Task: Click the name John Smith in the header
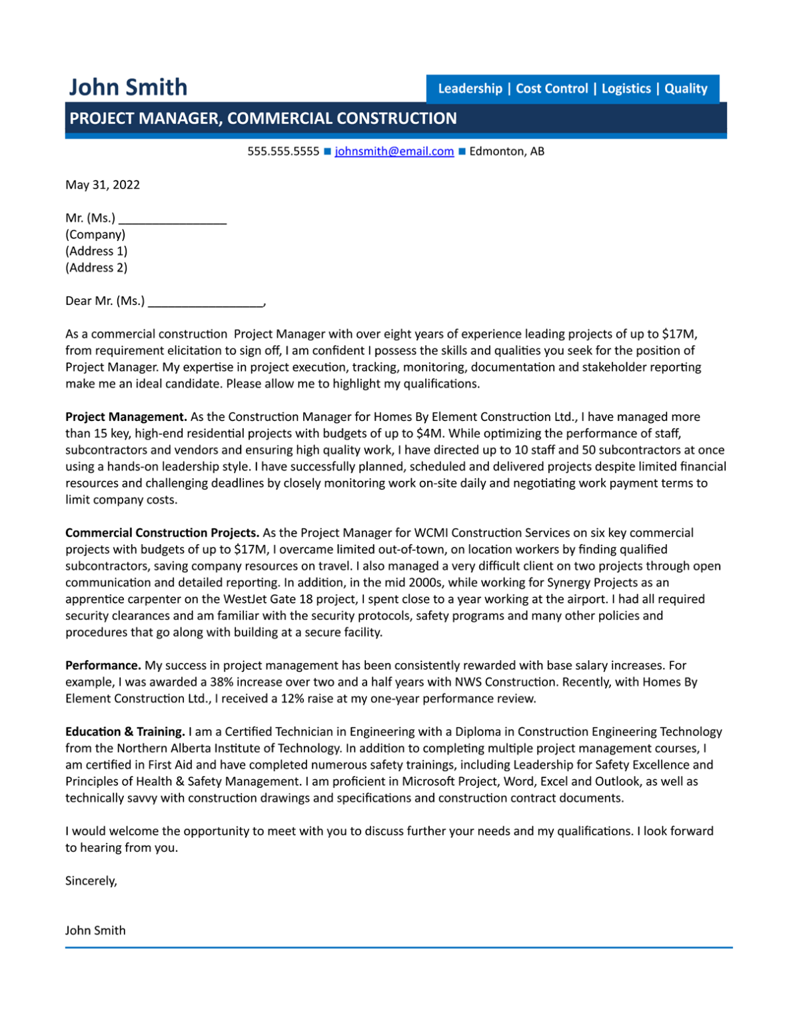[x=128, y=87]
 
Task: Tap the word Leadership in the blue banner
[x=470, y=89]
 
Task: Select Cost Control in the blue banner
[x=552, y=89]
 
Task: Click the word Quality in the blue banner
[x=686, y=89]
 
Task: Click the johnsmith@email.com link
[x=394, y=151]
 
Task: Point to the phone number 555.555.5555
[x=283, y=151]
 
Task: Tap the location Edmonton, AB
[x=506, y=151]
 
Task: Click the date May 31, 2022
[x=103, y=184]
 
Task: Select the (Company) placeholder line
[x=95, y=234]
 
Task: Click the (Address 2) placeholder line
[x=96, y=268]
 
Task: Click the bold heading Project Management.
[x=126, y=417]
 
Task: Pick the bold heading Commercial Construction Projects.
[x=162, y=533]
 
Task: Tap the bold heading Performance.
[x=103, y=665]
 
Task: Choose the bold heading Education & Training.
[x=125, y=731]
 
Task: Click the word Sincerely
[x=91, y=880]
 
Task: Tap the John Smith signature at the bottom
[x=95, y=930]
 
